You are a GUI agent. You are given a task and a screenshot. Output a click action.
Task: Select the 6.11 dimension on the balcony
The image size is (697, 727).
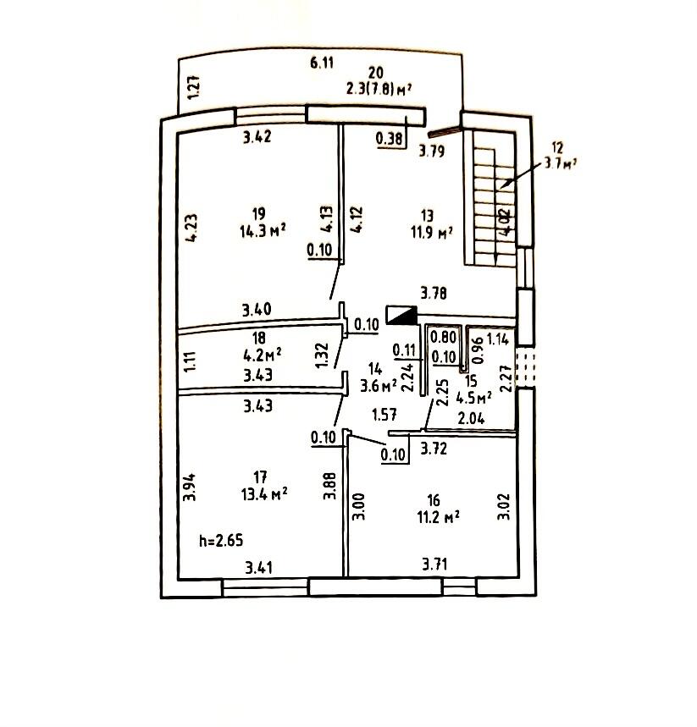322,62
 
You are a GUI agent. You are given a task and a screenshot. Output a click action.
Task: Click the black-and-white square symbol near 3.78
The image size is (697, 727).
401,315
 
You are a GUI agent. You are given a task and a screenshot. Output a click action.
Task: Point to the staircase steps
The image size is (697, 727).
487,203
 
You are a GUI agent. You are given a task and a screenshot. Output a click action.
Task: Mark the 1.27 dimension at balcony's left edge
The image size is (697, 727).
193,89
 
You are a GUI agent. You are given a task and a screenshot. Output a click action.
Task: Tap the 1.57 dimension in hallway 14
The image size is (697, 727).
386,414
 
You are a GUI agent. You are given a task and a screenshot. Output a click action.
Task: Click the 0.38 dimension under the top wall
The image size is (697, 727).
390,141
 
